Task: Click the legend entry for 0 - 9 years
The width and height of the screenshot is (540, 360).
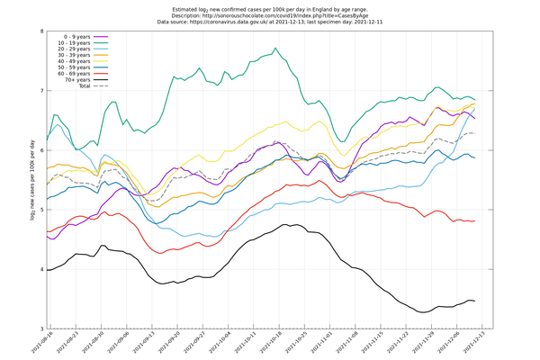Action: pyautogui.click(x=76, y=37)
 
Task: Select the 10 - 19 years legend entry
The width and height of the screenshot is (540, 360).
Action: pyautogui.click(x=76, y=43)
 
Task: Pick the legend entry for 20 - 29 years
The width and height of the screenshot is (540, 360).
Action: pyautogui.click(x=76, y=49)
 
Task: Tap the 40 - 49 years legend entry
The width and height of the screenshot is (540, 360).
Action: pyautogui.click(x=76, y=61)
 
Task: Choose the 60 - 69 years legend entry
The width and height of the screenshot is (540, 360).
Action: pyautogui.click(x=76, y=74)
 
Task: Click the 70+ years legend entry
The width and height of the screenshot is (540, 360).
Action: pyautogui.click(x=77, y=80)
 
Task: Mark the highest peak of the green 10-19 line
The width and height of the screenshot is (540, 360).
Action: pyautogui.click(x=274, y=48)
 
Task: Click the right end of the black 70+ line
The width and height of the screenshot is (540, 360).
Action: pyautogui.click(x=475, y=301)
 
